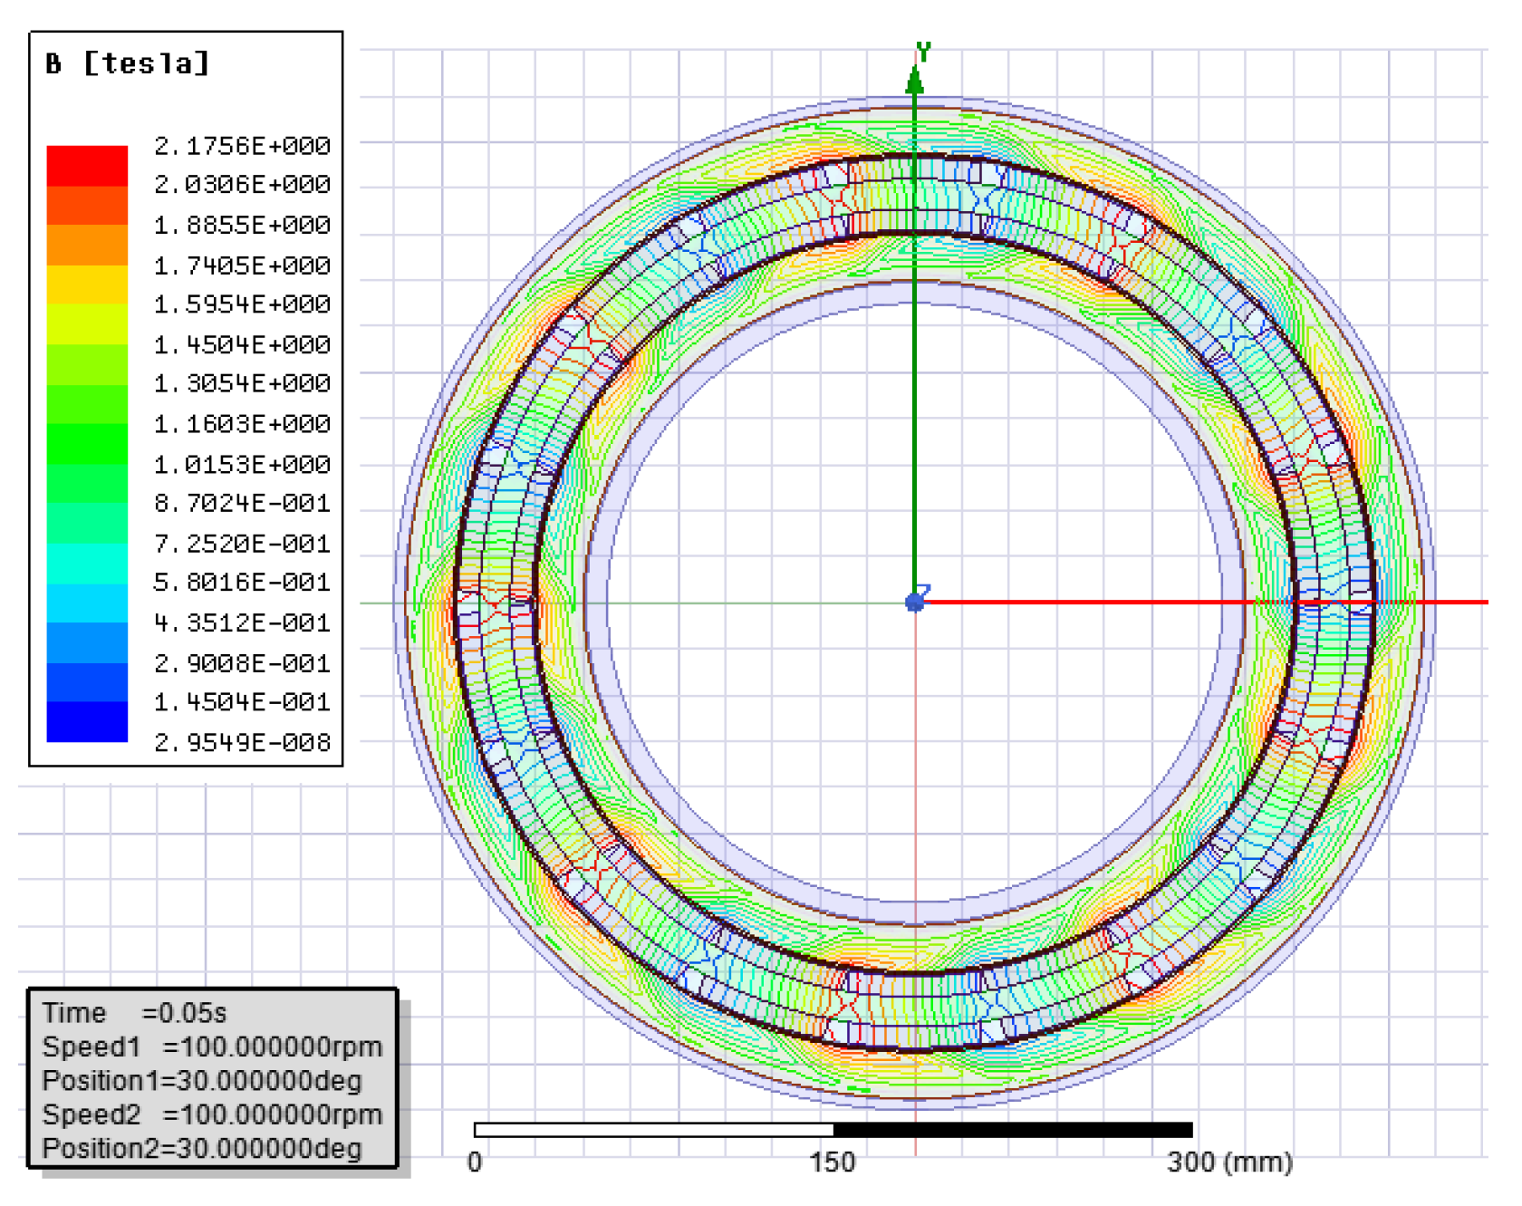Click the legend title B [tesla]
pyautogui.click(x=128, y=64)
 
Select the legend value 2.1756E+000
pyautogui.click(x=242, y=146)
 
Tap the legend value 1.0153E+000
pyautogui.click(x=242, y=465)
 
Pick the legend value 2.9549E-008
pyautogui.click(x=242, y=743)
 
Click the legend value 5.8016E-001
pyautogui.click(x=242, y=583)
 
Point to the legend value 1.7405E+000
pyautogui.click(x=242, y=266)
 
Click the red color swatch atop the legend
pyautogui.click(x=87, y=165)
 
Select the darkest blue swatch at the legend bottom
pyautogui.click(x=87, y=722)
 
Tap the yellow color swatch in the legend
pyautogui.click(x=87, y=285)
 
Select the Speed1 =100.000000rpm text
pyautogui.click(x=212, y=1047)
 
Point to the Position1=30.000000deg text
pyautogui.click(x=202, y=1081)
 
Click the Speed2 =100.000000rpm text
pyautogui.click(x=212, y=1115)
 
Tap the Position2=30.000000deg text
pyautogui.click(x=202, y=1149)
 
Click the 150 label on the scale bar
pyautogui.click(x=833, y=1163)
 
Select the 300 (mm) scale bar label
pyautogui.click(x=1229, y=1163)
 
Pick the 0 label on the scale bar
pyautogui.click(x=475, y=1163)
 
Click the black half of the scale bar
pyautogui.click(x=1012, y=1130)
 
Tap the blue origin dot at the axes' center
pyautogui.click(x=915, y=603)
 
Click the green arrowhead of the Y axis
pyautogui.click(x=915, y=82)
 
